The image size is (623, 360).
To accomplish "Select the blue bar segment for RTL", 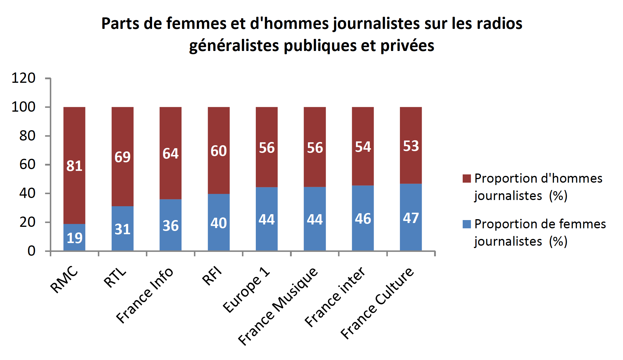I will pos(122,218).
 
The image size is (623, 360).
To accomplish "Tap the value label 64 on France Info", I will pos(170,153).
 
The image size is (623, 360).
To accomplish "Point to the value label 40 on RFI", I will pos(218,223).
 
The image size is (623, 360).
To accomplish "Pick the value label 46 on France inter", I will pos(363,219).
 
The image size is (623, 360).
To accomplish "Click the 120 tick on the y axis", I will pos(24,78).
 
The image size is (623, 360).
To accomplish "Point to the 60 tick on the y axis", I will pos(27,164).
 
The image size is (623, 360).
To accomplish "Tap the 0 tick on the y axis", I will pos(31,251).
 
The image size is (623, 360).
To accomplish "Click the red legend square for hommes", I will pos(467,179).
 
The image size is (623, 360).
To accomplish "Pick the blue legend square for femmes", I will pos(467,224).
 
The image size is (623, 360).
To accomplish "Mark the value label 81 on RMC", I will pos(74,166).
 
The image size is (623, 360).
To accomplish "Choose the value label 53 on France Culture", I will pos(411,146).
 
